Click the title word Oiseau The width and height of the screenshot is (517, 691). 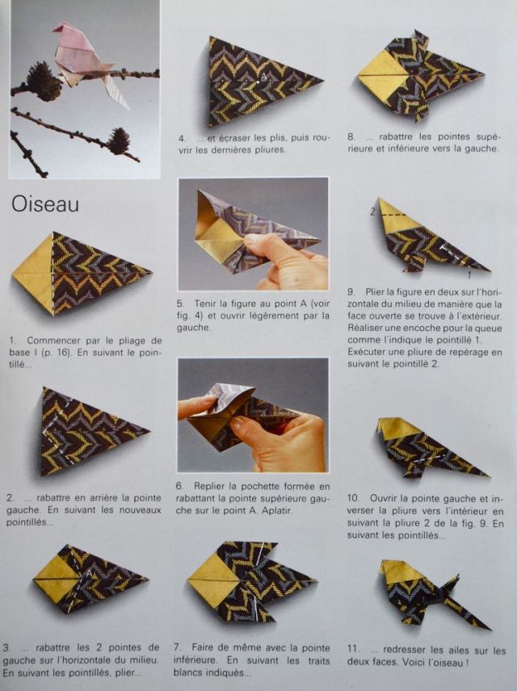click(45, 204)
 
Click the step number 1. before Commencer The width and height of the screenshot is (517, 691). click(13, 341)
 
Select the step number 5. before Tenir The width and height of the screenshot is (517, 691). click(180, 304)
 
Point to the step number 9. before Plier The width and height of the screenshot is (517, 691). click(351, 291)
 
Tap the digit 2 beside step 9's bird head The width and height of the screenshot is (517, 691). click(372, 212)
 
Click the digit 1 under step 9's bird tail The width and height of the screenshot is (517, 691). click(469, 275)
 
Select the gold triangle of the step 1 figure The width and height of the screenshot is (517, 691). click(33, 274)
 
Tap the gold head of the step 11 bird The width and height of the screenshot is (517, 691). click(396, 572)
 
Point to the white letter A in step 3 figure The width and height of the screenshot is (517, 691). click(89, 573)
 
